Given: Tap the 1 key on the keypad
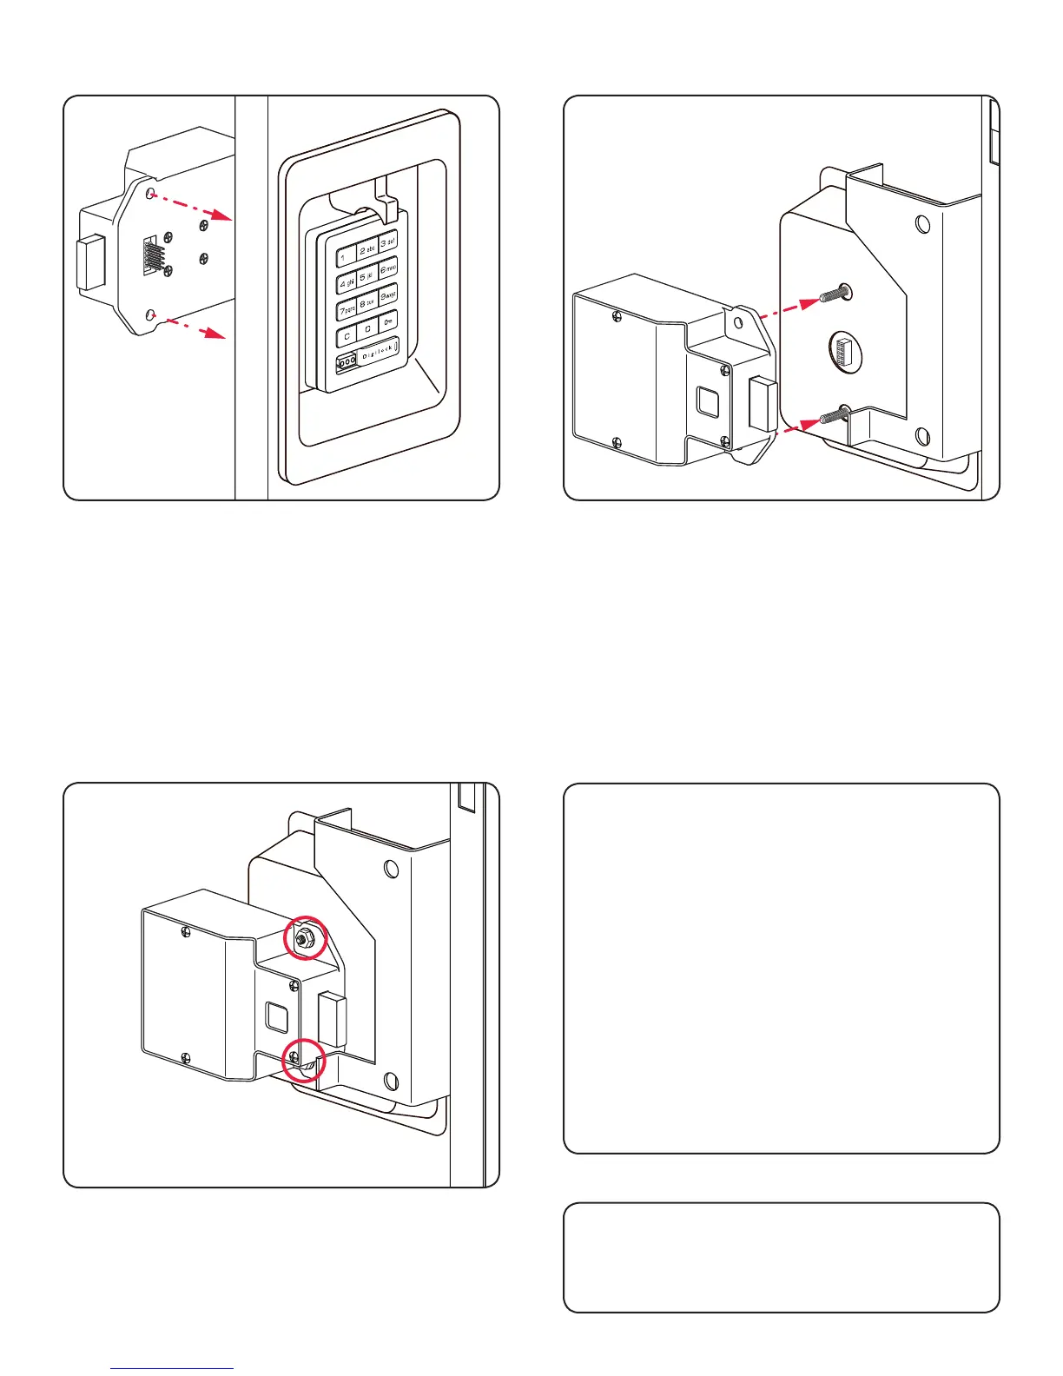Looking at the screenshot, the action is [346, 257].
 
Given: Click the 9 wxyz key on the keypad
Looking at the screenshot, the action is [388, 295].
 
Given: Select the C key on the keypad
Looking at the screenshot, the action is [347, 335].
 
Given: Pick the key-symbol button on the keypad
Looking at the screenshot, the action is [388, 322].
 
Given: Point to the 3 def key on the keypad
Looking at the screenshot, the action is [388, 242].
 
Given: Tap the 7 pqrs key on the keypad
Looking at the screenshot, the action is [346, 310].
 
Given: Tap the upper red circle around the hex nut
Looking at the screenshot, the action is [306, 937].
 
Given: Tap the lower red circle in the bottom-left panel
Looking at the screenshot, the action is [303, 1059].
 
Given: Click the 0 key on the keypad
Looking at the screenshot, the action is [367, 329].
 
